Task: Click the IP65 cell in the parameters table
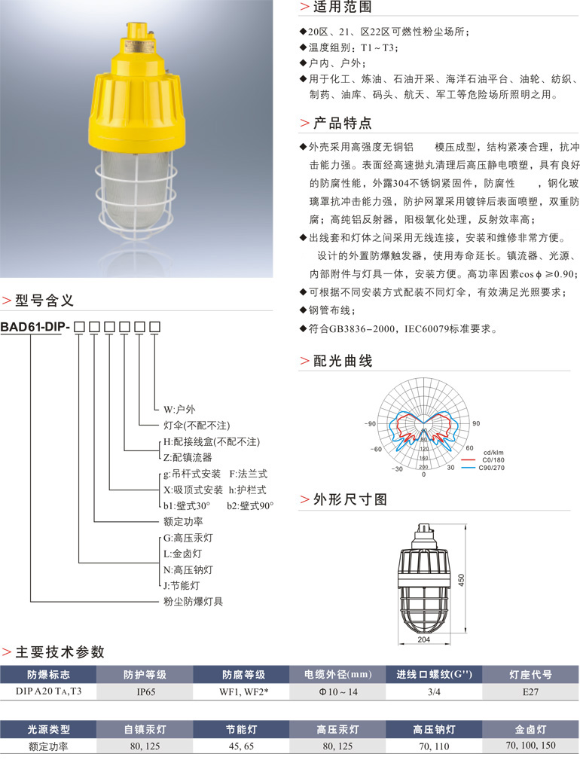(x=145, y=691)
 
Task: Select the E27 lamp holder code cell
(x=530, y=691)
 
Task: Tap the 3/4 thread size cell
(x=434, y=691)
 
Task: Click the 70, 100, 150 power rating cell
(x=530, y=746)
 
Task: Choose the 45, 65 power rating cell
(x=241, y=746)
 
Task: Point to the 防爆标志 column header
(x=48, y=675)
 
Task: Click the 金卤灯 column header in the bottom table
(x=530, y=729)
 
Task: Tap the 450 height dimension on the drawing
(x=461, y=579)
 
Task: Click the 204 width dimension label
(x=423, y=639)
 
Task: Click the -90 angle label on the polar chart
(x=370, y=423)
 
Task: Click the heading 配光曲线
(x=343, y=361)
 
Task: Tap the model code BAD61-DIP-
(x=35, y=326)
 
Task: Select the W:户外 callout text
(x=179, y=409)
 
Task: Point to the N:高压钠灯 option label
(x=188, y=569)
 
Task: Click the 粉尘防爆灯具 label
(x=193, y=602)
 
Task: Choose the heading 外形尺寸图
(x=350, y=499)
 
